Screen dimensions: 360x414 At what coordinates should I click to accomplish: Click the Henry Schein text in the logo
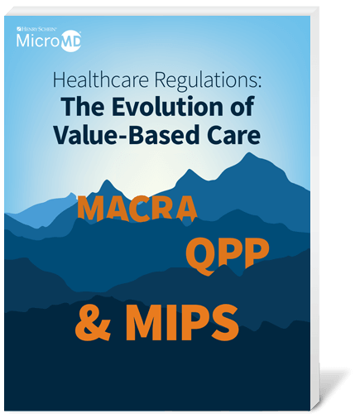[37, 29]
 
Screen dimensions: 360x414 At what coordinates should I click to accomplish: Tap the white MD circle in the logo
[70, 41]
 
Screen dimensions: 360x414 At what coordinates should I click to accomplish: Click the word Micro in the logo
[38, 41]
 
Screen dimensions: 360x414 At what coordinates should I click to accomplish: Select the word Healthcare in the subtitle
[101, 79]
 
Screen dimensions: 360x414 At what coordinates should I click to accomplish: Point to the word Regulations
[205, 80]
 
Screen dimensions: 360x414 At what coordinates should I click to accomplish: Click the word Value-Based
[122, 135]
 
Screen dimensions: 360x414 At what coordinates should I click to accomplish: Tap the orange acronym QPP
[227, 254]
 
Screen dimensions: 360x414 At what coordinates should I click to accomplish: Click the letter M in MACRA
[93, 208]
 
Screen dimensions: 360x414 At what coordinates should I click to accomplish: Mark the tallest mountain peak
[250, 152]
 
